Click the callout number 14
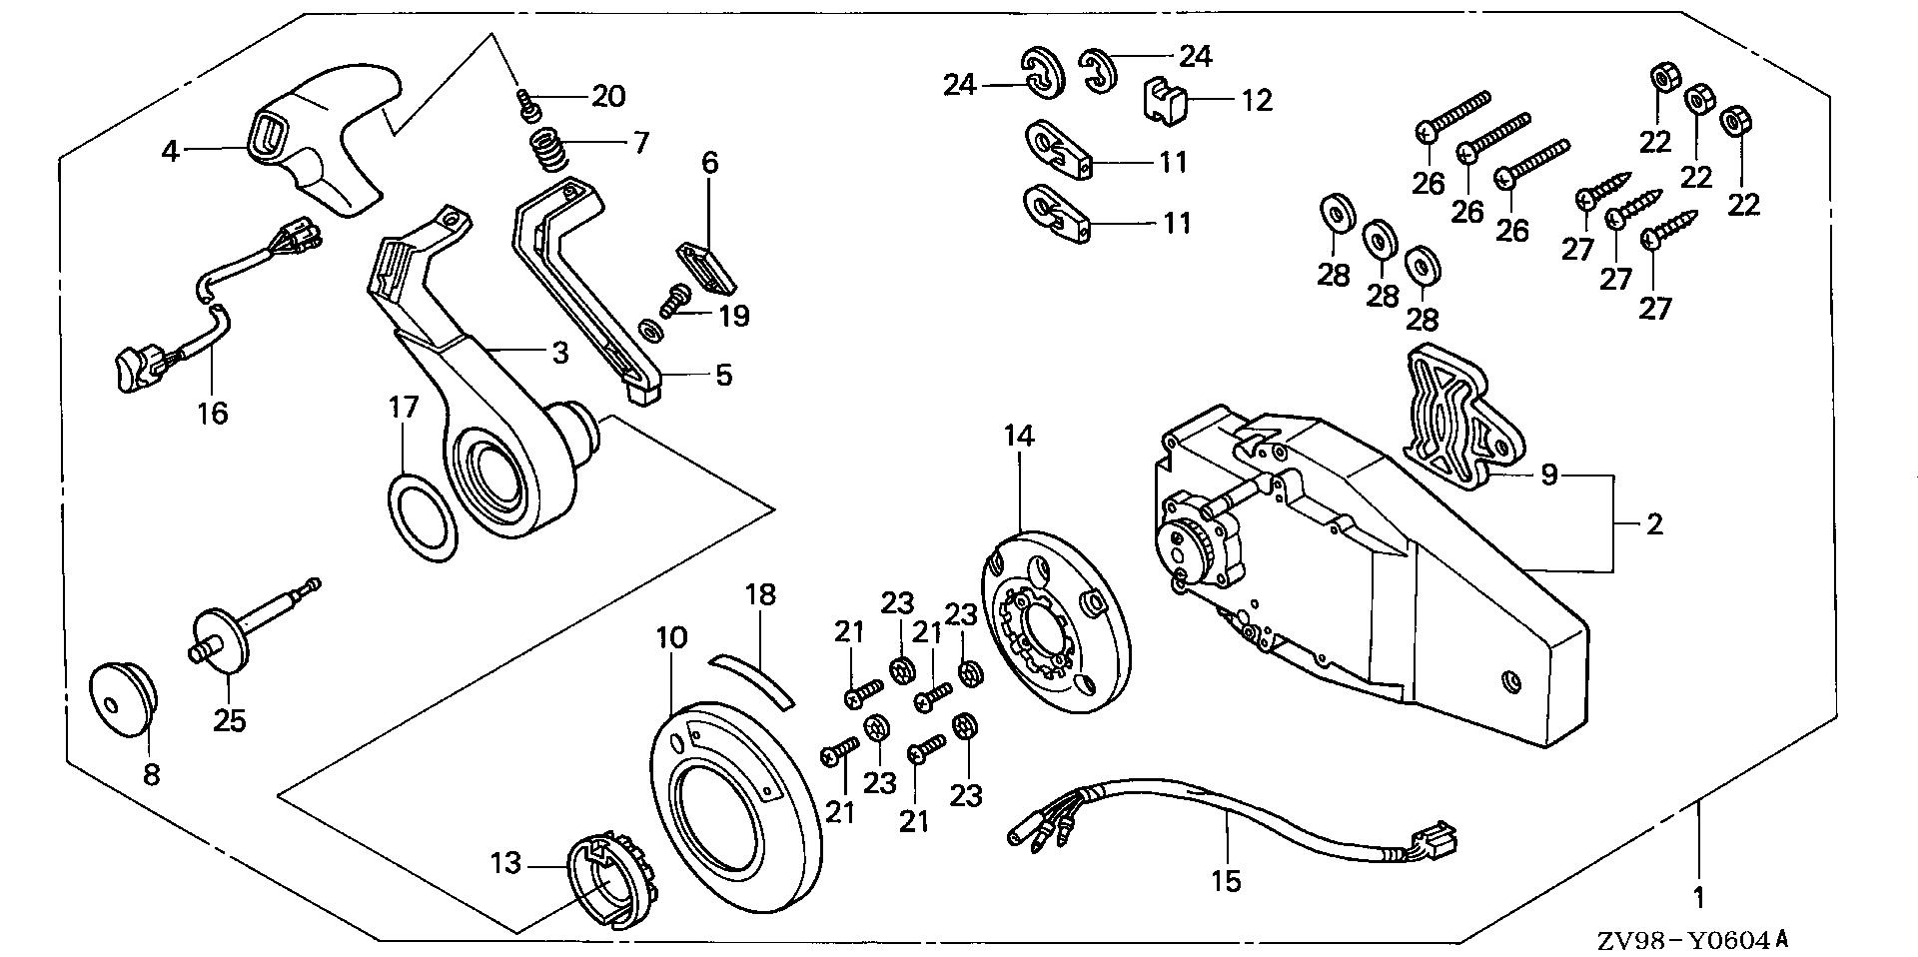(1020, 437)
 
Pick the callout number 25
(230, 720)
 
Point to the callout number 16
(213, 412)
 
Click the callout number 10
(672, 637)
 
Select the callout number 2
(1654, 523)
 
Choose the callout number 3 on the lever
(559, 352)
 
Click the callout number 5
(723, 375)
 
